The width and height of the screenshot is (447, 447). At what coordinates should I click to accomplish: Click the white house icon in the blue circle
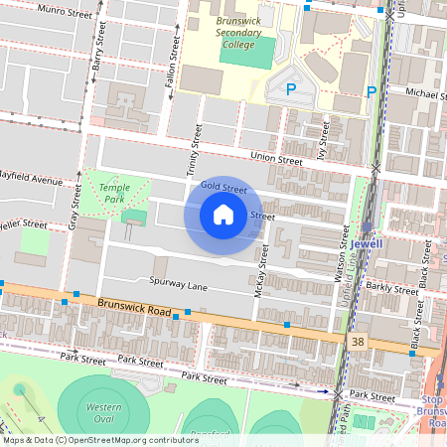pyautogui.click(x=223, y=215)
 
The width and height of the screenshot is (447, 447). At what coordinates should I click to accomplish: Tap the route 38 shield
pyautogui.click(x=356, y=341)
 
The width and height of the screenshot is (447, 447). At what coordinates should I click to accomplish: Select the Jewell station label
pyautogui.click(x=366, y=241)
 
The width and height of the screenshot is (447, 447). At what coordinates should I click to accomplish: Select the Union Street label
pyautogui.click(x=276, y=158)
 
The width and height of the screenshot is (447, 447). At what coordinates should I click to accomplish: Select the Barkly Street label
pyautogui.click(x=393, y=288)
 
